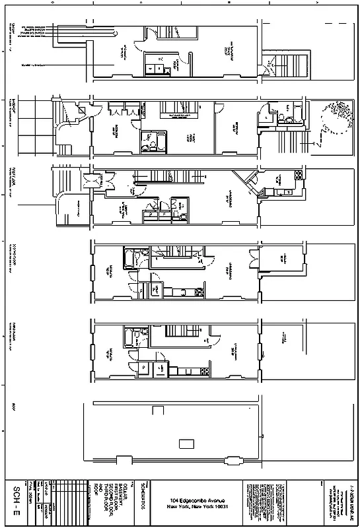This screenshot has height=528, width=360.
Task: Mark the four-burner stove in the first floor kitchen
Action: (x=298, y=176)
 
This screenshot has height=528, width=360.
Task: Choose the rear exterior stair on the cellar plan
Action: (x=272, y=65)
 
